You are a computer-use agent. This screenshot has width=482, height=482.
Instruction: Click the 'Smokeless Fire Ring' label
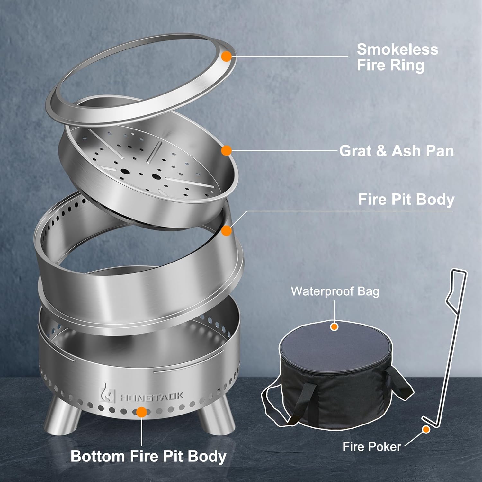point(397,57)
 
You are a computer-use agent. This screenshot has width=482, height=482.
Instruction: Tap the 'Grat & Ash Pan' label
point(397,151)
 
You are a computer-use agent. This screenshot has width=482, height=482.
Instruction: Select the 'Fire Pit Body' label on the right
point(406,199)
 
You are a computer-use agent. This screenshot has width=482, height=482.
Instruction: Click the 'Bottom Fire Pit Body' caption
point(148,456)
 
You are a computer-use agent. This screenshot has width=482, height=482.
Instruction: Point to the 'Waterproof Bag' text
point(335,291)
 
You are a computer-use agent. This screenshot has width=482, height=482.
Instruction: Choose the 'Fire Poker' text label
point(371,447)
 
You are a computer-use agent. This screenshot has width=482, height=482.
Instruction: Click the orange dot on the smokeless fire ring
point(227,57)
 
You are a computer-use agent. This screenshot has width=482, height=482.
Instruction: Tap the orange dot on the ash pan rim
point(227,150)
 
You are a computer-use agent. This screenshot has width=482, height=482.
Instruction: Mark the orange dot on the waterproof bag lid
point(335,327)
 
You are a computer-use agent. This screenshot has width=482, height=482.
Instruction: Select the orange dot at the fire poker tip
point(426,429)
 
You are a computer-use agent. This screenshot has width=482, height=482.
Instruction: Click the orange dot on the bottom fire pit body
point(141,412)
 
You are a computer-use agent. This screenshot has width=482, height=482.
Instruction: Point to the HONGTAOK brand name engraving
point(152,396)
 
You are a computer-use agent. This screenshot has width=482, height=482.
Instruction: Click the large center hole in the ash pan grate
point(156,177)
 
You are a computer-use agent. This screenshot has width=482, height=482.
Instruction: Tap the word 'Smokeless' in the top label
point(397,49)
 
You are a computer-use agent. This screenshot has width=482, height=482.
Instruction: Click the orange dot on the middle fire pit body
point(227,230)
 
